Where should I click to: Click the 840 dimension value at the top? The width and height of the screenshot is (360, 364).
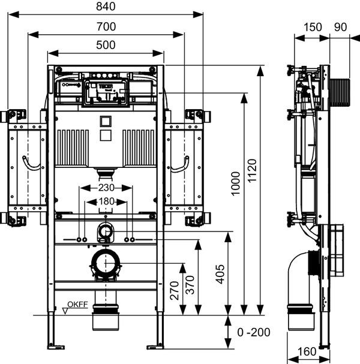[x=106, y=7]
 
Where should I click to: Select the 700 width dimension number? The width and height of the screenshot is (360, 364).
[x=106, y=26]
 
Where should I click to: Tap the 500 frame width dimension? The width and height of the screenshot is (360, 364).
[x=106, y=44]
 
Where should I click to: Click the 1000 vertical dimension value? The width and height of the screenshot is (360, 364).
[x=235, y=183]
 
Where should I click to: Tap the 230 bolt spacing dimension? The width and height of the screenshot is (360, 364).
[x=106, y=188]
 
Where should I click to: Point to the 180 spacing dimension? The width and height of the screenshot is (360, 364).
[x=106, y=201]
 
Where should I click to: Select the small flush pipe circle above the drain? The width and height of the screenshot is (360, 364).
[x=106, y=230]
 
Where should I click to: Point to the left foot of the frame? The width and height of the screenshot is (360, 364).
[x=56, y=345]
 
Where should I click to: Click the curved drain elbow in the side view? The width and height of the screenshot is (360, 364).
[x=298, y=279]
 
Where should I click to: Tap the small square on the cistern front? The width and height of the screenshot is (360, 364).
[x=106, y=119]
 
